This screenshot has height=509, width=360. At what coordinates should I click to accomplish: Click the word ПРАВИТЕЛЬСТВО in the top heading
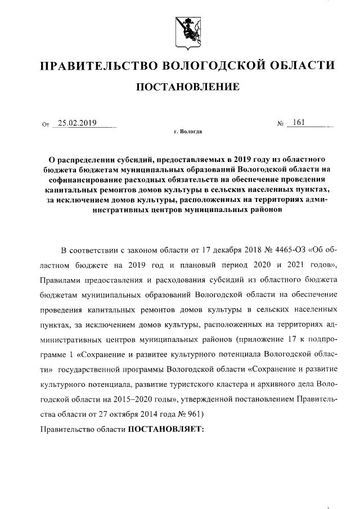93,67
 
